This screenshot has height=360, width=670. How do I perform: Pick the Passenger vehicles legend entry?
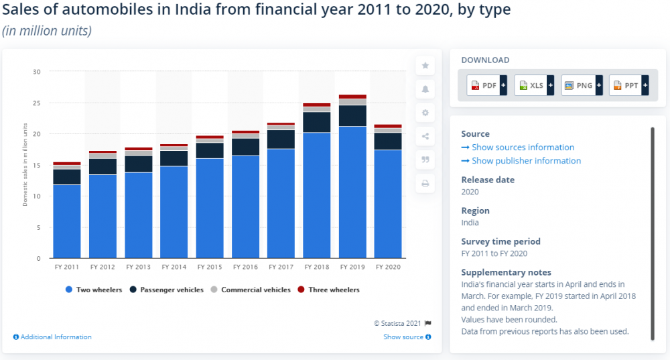(169, 290)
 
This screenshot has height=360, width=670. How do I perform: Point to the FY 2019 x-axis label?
(352, 267)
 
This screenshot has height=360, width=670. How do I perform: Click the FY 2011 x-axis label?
(66, 267)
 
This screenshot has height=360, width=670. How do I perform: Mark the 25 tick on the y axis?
(37, 103)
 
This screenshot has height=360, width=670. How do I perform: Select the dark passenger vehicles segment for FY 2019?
(352, 116)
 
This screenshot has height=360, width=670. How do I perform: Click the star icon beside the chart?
(425, 66)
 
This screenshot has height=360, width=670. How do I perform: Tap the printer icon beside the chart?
(425, 184)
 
